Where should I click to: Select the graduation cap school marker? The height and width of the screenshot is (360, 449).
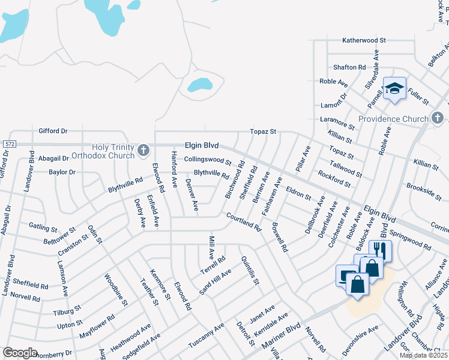point(394,89)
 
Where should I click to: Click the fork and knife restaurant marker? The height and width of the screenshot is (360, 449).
point(379,250)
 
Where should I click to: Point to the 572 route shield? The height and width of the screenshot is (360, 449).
point(8,145)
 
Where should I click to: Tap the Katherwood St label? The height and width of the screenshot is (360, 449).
point(364,40)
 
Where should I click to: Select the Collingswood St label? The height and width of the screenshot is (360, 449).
point(208,160)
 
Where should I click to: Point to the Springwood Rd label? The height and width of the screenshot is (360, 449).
point(410,242)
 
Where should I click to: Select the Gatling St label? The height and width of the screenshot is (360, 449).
point(43,227)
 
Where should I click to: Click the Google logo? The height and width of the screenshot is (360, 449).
point(20,353)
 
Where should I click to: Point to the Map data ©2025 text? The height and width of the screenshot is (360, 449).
point(424,355)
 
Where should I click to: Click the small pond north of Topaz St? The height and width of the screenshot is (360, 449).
point(199,85)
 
